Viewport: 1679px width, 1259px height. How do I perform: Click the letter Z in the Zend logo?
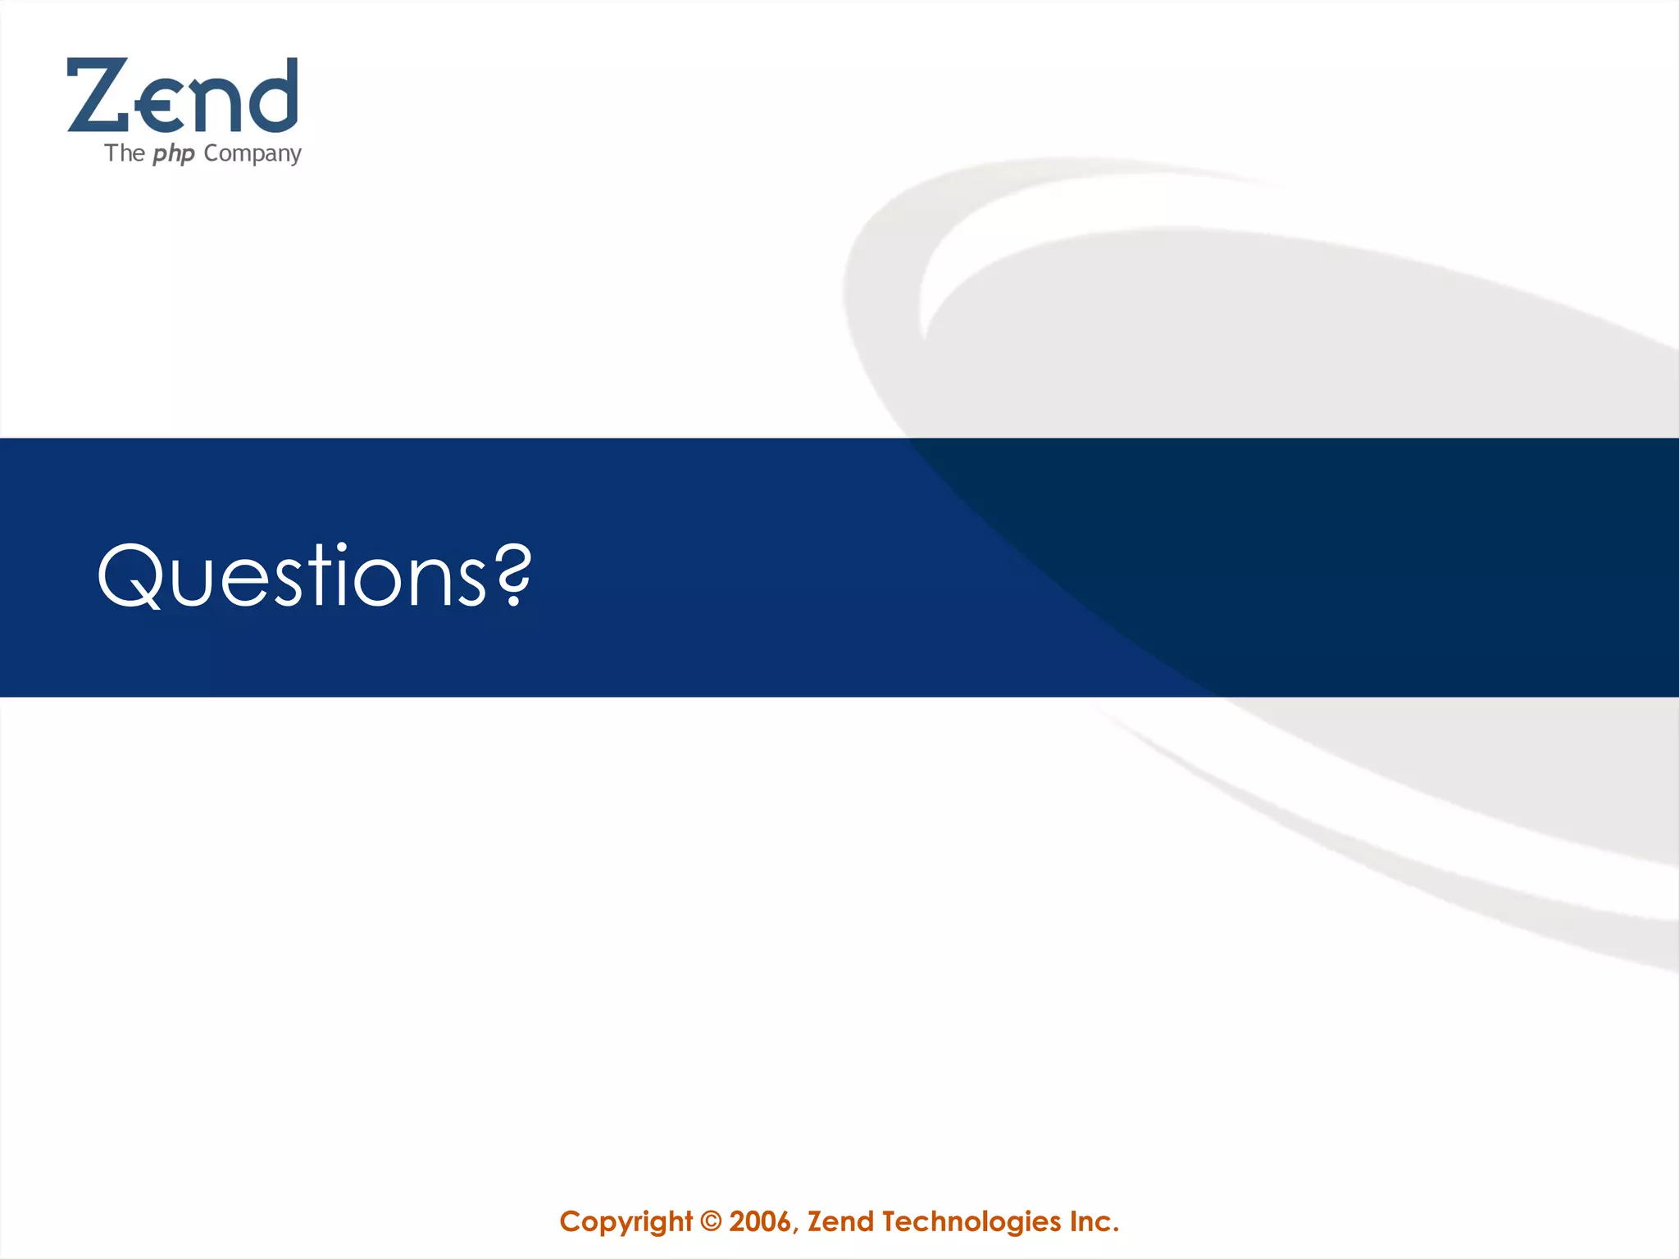tap(98, 95)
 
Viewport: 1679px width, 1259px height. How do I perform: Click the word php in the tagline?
tap(174, 154)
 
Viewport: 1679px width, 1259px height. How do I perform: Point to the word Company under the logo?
tap(253, 154)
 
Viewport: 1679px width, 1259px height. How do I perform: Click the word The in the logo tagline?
tap(125, 153)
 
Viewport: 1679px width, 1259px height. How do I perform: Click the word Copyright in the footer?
tap(626, 1222)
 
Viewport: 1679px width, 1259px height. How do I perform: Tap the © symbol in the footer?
tap(712, 1222)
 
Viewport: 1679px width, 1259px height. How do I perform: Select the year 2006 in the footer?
tap(760, 1222)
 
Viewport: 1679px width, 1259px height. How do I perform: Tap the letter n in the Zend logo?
tap(216, 104)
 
